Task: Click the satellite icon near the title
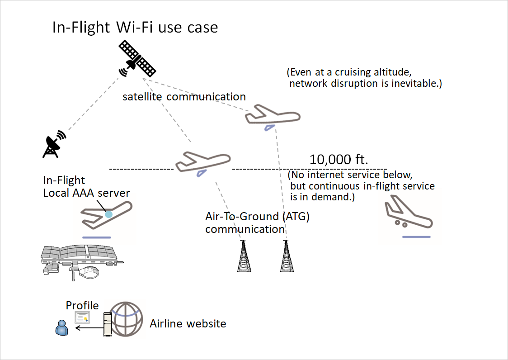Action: pyautogui.click(x=136, y=59)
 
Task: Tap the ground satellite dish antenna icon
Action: pyautogui.click(x=54, y=144)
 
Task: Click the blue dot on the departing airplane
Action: pyautogui.click(x=108, y=215)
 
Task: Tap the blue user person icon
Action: pyautogui.click(x=61, y=327)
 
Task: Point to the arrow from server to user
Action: pyautogui.click(x=89, y=328)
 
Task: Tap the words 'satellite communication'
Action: pyautogui.click(x=184, y=96)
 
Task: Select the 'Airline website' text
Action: pyautogui.click(x=188, y=323)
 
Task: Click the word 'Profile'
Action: pyautogui.click(x=82, y=305)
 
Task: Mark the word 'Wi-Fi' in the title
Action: pyautogui.click(x=135, y=27)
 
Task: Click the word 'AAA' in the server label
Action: pyautogui.click(x=90, y=193)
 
